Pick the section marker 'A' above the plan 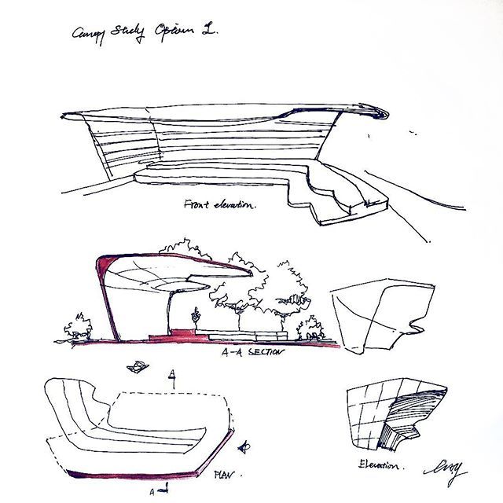click(x=171, y=371)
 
